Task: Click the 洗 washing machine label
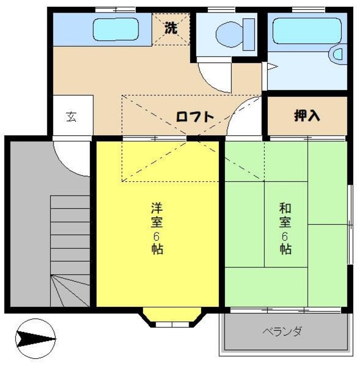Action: (171, 28)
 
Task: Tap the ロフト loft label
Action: (195, 117)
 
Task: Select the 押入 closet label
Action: (307, 116)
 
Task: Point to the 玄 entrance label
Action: (71, 116)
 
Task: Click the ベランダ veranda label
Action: (283, 331)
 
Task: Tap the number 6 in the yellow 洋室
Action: (156, 237)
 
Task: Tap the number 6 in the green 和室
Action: (285, 237)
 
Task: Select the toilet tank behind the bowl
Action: (248, 34)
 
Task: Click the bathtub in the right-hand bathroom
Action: (307, 31)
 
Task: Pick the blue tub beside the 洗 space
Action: (116, 30)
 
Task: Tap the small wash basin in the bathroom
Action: (336, 54)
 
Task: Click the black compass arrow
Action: (35, 339)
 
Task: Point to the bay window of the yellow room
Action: (172, 318)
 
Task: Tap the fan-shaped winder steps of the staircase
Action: (70, 290)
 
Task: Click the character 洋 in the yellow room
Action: (157, 208)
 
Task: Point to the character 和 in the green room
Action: (285, 208)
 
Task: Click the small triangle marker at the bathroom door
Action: (272, 67)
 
